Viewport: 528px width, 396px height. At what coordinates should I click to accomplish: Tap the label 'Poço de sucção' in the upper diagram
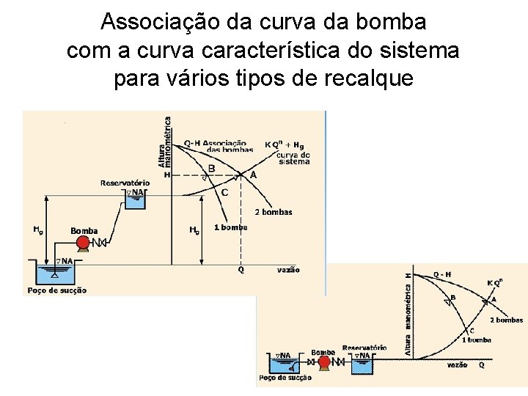pyautogui.click(x=57, y=290)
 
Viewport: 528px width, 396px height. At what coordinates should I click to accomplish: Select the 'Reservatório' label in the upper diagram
pyautogui.click(x=125, y=183)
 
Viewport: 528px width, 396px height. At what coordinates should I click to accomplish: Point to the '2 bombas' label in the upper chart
pyautogui.click(x=274, y=213)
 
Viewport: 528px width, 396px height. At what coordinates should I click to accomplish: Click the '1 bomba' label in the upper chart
pyautogui.click(x=231, y=227)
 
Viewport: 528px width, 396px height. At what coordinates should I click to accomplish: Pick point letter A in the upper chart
pyautogui.click(x=254, y=176)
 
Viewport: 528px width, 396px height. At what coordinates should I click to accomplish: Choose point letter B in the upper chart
pyautogui.click(x=211, y=169)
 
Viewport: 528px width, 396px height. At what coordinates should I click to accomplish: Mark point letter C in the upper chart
pyautogui.click(x=224, y=193)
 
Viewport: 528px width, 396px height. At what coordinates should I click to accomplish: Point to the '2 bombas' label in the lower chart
pyautogui.click(x=506, y=320)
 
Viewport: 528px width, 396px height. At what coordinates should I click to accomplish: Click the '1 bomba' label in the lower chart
pyautogui.click(x=477, y=340)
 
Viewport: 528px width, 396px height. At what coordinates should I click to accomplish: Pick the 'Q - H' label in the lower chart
pyautogui.click(x=442, y=274)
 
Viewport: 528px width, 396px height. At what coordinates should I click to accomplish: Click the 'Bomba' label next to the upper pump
pyautogui.click(x=84, y=231)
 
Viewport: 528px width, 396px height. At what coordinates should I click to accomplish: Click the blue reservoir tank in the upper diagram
pyautogui.click(x=135, y=199)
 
